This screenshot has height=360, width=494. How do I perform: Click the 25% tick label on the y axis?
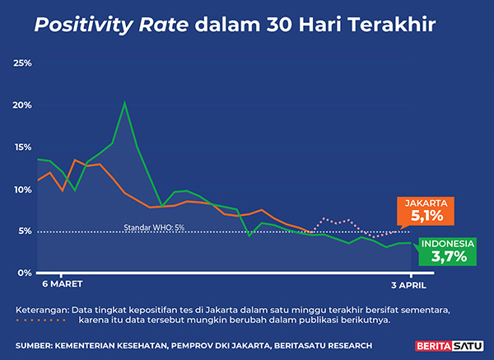22,63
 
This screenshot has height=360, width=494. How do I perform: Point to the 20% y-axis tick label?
22,105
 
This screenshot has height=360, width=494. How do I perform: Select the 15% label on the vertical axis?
22,147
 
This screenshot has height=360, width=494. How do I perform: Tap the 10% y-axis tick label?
22,189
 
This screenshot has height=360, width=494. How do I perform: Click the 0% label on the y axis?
25,273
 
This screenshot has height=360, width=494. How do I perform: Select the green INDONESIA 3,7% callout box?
448,251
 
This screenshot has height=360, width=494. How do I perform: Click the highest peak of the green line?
124,103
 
